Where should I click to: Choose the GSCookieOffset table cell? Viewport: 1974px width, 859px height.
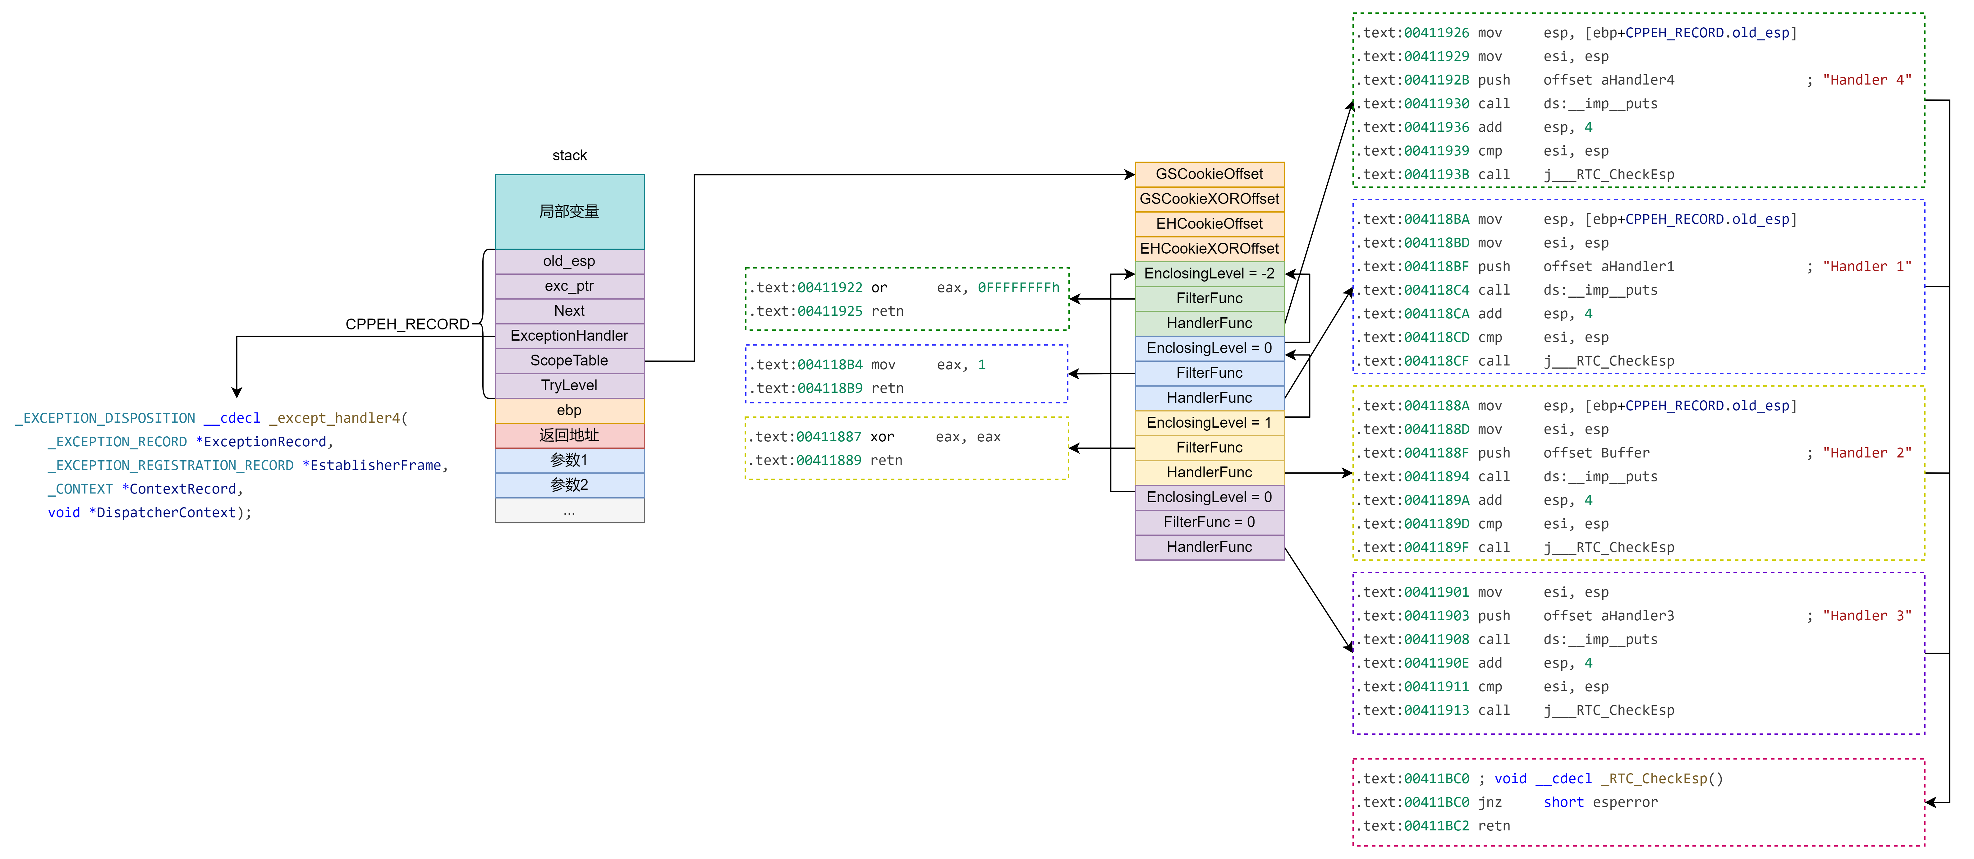pyautogui.click(x=1209, y=174)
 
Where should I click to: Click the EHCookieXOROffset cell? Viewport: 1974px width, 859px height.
pyautogui.click(x=1209, y=248)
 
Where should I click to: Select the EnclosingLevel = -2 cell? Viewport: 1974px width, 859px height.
pyautogui.click(x=1209, y=273)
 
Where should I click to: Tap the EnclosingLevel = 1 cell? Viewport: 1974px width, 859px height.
pyautogui.click(x=1209, y=422)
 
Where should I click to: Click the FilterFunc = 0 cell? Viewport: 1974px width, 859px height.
pyautogui.click(x=1209, y=522)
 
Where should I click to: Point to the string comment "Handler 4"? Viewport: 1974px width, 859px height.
pyautogui.click(x=1866, y=80)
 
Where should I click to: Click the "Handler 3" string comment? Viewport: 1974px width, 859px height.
pyautogui.click(x=1866, y=615)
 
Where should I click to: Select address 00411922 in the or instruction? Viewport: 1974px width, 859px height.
pyautogui.click(x=829, y=287)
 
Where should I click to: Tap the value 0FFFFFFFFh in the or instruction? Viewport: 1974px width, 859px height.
pyautogui.click(x=1018, y=287)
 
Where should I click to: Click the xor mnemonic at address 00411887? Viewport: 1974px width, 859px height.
pyautogui.click(x=882, y=437)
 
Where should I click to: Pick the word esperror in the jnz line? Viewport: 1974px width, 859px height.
pyautogui.click(x=1625, y=802)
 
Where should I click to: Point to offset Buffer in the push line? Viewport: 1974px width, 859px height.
pyautogui.click(x=1596, y=453)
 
